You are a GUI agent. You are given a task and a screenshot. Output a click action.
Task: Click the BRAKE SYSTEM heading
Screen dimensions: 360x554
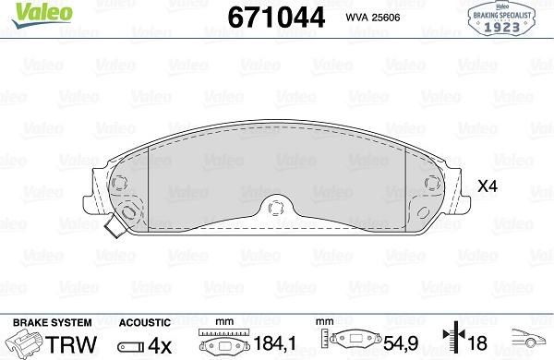click(52, 322)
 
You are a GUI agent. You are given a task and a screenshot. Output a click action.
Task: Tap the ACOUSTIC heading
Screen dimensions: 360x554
click(145, 322)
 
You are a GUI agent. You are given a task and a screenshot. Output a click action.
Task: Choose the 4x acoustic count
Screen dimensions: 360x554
click(156, 344)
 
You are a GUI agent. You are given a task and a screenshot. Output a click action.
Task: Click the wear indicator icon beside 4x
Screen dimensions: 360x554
click(128, 345)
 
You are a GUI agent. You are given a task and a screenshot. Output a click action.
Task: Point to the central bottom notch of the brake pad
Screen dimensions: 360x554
click(276, 207)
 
